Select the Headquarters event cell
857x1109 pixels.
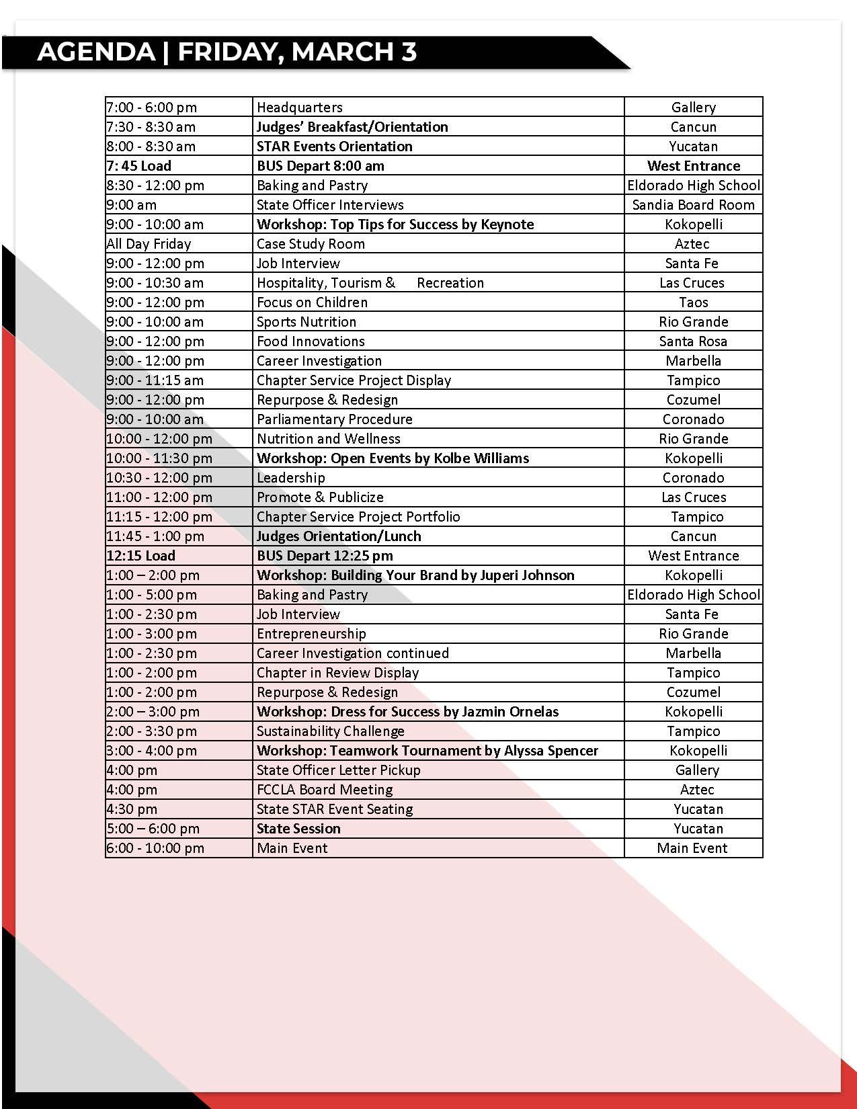click(x=300, y=108)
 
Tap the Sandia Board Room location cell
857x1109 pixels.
click(x=693, y=205)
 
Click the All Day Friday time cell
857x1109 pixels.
click(x=149, y=244)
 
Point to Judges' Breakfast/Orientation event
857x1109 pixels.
click(x=352, y=127)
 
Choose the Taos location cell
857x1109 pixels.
click(x=693, y=302)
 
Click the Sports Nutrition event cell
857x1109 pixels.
click(x=307, y=322)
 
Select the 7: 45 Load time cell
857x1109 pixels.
click(x=139, y=166)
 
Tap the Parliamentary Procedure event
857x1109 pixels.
click(x=335, y=419)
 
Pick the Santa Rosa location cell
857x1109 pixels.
click(x=693, y=341)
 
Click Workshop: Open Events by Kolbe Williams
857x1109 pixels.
click(x=393, y=458)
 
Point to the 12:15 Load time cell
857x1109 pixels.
click(x=141, y=556)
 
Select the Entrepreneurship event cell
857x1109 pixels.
click(x=311, y=634)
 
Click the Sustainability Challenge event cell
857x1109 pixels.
click(x=331, y=731)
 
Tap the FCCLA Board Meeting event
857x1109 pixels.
click(x=325, y=790)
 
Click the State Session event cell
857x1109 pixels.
click(x=298, y=829)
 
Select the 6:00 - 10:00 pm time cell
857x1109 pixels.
click(x=155, y=848)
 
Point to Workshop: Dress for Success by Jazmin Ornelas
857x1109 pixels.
click(x=407, y=712)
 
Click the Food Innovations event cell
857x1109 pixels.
click(x=311, y=341)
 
